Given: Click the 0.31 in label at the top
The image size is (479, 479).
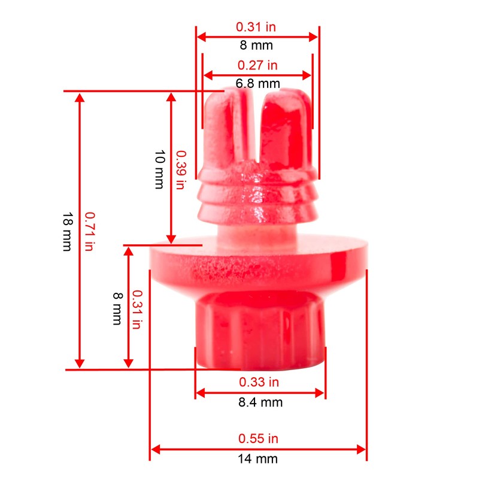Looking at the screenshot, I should [x=257, y=27].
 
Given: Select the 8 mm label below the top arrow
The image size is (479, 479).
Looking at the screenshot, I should [x=257, y=46].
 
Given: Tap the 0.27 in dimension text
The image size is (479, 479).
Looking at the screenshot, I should [x=257, y=65].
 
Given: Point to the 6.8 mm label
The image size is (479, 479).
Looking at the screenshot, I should [x=257, y=84].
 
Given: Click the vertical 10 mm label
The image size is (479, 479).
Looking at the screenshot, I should [x=159, y=169].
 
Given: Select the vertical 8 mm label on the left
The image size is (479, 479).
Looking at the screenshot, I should [x=118, y=308].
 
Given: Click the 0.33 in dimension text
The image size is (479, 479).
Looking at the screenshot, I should [x=259, y=382].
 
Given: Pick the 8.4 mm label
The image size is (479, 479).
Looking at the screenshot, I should [x=260, y=402].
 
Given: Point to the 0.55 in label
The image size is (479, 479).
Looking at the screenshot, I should [x=258, y=438].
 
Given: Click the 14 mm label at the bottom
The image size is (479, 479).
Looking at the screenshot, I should [x=258, y=459].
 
